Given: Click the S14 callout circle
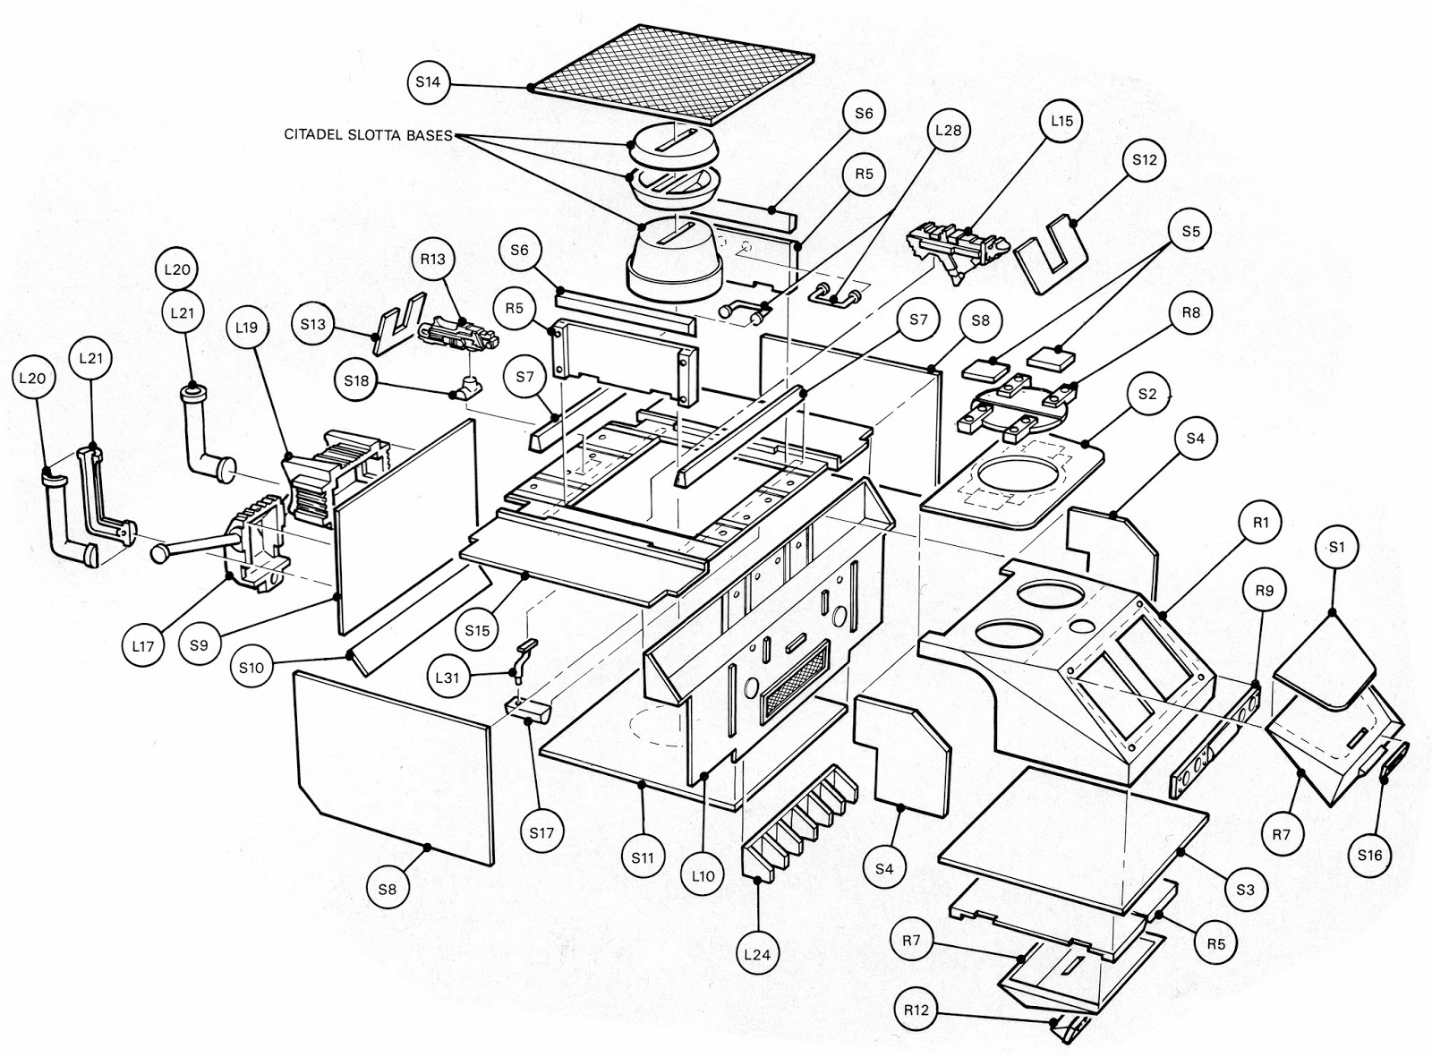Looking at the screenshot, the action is pyautogui.click(x=428, y=82).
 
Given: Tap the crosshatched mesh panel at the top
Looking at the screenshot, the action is pyautogui.click(x=671, y=73).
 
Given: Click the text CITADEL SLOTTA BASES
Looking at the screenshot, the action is pyautogui.click(x=368, y=135).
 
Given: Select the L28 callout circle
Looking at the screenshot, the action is pyautogui.click(x=948, y=130).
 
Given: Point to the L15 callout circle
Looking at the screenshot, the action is pyautogui.click(x=1061, y=121).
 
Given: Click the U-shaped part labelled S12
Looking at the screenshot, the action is pyautogui.click(x=1051, y=254).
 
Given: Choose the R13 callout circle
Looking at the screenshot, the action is pyautogui.click(x=433, y=259).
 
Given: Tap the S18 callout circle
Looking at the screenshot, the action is pyautogui.click(x=356, y=380).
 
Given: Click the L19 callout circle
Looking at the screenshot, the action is pyautogui.click(x=247, y=328).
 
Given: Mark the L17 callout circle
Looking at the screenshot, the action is pyautogui.click(x=143, y=645).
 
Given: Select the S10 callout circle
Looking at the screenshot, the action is pyautogui.click(x=251, y=668).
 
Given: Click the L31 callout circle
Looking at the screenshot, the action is pyautogui.click(x=447, y=678).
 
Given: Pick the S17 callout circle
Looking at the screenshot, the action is pyautogui.click(x=541, y=832).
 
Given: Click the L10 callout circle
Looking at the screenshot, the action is pyautogui.click(x=703, y=876).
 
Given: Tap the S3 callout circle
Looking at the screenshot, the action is pyautogui.click(x=1245, y=890).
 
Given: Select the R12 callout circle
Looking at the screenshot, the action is pyautogui.click(x=916, y=1010).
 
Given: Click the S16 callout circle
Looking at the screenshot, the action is pyautogui.click(x=1369, y=856).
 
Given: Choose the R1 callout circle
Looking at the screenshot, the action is pyautogui.click(x=1261, y=523).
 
